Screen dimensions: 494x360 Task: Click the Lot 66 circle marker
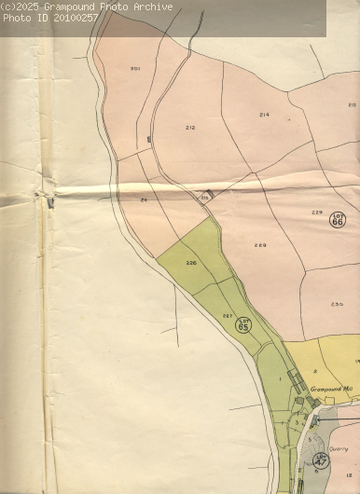tap(338, 221)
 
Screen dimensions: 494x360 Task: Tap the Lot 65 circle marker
tap(244, 325)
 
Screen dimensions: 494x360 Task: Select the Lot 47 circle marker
tap(322, 460)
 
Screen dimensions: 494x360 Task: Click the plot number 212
tap(190, 128)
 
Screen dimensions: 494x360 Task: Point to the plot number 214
tap(264, 115)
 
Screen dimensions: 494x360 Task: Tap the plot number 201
tap(135, 69)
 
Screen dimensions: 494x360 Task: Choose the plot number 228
tap(260, 245)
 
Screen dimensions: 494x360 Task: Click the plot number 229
tap(317, 213)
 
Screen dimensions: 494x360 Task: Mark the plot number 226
tap(191, 264)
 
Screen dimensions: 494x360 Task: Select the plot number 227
tap(227, 317)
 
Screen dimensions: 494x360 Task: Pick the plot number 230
tap(337, 304)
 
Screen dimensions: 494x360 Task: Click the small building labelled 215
tap(209, 194)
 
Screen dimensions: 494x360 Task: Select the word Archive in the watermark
tap(153, 7)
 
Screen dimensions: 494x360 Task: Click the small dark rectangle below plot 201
tap(148, 139)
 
